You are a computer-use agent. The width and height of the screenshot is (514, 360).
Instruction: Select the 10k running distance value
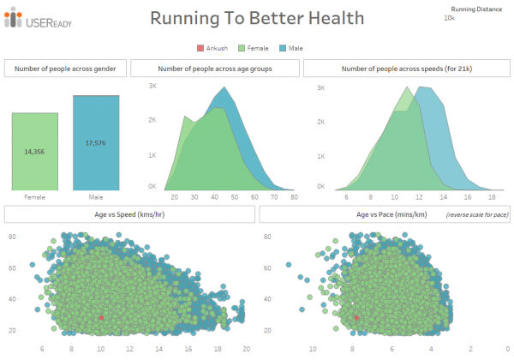click(449, 18)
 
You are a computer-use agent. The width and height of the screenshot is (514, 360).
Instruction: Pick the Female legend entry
click(260, 48)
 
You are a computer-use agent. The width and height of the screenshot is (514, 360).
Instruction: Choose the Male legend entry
click(294, 48)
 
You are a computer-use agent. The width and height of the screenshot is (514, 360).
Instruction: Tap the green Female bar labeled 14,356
click(35, 151)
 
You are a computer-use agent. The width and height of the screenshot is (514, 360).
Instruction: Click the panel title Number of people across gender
click(66, 69)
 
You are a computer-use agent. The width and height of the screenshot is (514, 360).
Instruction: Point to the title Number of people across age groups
click(215, 69)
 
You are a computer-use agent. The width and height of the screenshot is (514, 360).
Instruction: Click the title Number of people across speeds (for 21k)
click(402, 69)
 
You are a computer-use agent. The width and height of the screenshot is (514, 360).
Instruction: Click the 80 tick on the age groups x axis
click(294, 196)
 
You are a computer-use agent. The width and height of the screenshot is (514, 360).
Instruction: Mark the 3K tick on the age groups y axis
click(152, 87)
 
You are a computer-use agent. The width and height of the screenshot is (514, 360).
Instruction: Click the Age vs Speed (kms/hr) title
click(128, 214)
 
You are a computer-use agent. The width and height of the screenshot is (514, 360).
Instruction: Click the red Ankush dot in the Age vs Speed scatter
click(101, 317)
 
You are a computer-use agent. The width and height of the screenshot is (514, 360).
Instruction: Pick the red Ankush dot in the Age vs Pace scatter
click(357, 317)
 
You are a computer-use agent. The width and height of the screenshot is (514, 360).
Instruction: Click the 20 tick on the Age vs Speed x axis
click(246, 350)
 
